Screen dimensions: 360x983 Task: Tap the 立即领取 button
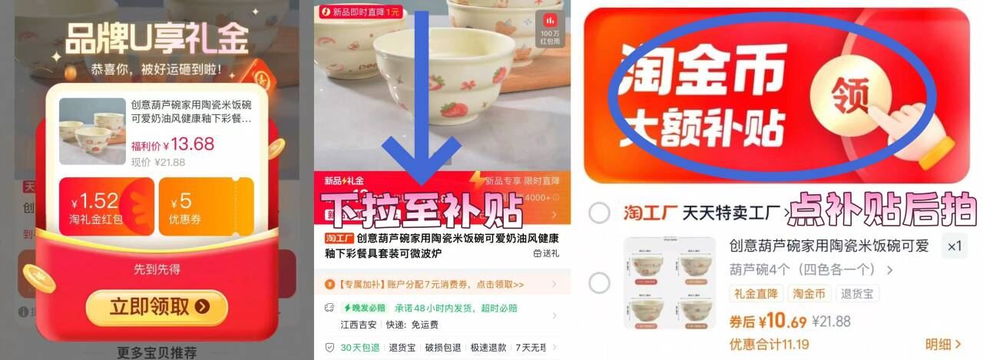pyautogui.click(x=157, y=307)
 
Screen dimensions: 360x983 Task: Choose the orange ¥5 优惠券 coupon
pyautogui.click(x=205, y=208)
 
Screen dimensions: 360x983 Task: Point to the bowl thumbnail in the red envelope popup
pyautogui.click(x=92, y=131)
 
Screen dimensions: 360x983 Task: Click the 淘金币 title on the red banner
pyautogui.click(x=703, y=73)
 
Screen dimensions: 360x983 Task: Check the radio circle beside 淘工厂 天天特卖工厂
pyautogui.click(x=599, y=213)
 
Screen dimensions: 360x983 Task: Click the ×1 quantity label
pyautogui.click(x=954, y=246)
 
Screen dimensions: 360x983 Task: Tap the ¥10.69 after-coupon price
pyautogui.click(x=768, y=321)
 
